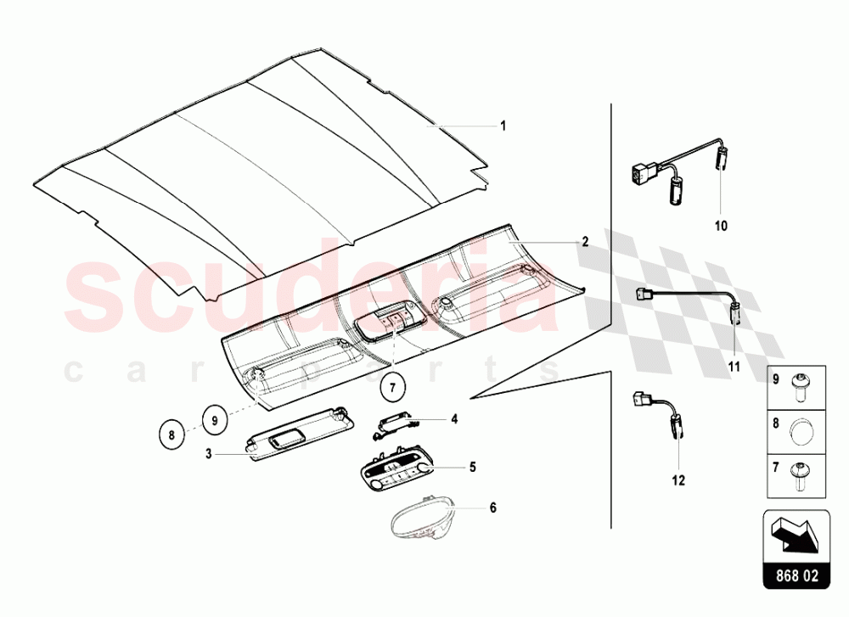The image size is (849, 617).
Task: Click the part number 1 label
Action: coord(503,126)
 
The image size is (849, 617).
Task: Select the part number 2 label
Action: coord(585,241)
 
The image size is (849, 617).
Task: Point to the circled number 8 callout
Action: coord(172,434)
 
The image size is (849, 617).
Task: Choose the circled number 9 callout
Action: coord(215,418)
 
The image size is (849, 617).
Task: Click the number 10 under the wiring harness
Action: coord(722,227)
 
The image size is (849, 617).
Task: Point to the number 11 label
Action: coord(734,367)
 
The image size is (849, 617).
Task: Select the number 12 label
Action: coord(678,480)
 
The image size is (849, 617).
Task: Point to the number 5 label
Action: coord(473,467)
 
